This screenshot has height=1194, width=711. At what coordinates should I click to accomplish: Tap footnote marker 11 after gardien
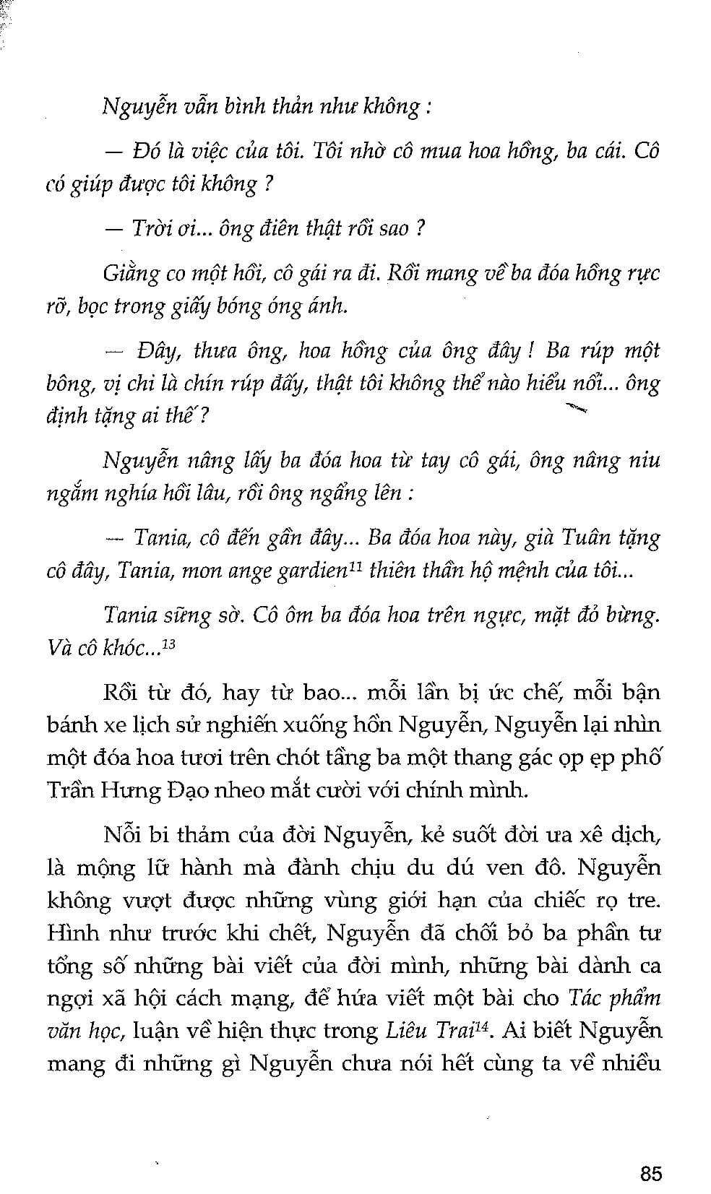click(x=355, y=566)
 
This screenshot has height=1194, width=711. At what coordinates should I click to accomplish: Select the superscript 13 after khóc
click(x=168, y=644)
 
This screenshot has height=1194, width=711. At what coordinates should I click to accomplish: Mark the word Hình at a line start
click(x=69, y=933)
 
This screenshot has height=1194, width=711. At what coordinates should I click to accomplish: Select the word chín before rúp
click(x=209, y=384)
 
